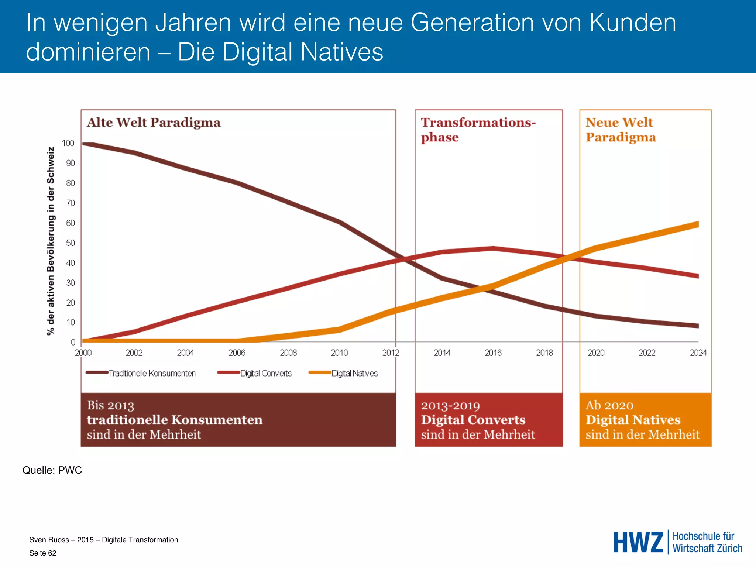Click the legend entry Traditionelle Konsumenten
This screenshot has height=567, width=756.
[152, 373]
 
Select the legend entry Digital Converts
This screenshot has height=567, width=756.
[266, 373]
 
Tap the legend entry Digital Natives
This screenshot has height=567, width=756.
[354, 373]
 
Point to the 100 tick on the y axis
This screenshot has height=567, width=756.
[68, 143]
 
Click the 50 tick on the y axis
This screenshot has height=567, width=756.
[70, 243]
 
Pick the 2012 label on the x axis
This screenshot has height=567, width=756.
[391, 353]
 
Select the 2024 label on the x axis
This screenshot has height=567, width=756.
[698, 353]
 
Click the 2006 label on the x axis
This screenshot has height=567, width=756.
[237, 353]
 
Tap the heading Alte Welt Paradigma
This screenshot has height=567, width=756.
[154, 123]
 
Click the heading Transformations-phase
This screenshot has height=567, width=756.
[478, 130]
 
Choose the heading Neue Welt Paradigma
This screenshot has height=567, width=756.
[621, 130]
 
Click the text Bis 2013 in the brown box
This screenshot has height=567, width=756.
[110, 405]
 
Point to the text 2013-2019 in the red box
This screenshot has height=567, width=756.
[450, 406]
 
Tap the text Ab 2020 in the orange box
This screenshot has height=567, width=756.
[609, 405]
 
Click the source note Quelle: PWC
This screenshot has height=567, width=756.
[52, 470]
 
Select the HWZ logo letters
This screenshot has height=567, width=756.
[638, 542]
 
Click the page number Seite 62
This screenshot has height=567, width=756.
[43, 553]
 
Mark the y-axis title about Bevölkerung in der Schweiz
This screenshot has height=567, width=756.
[51, 241]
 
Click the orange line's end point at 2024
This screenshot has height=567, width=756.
[697, 224]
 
